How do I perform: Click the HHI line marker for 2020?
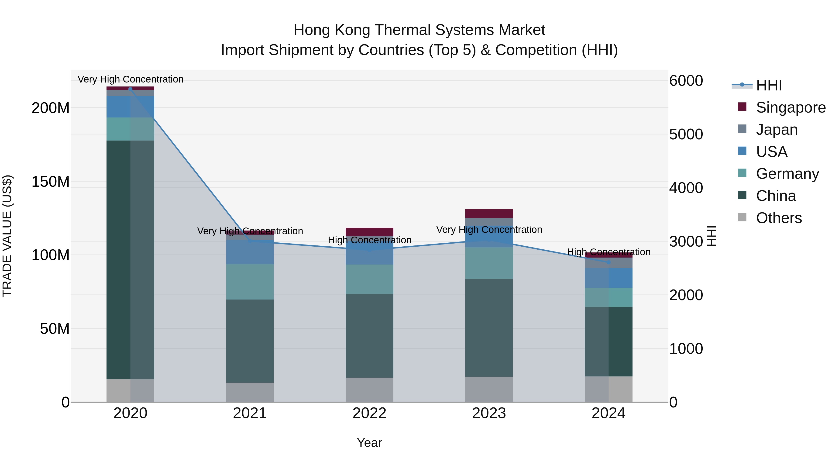[x=130, y=89]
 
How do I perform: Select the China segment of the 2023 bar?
[x=489, y=327]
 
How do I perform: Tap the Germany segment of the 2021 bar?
[x=250, y=282]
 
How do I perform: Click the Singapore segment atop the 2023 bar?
[x=489, y=213]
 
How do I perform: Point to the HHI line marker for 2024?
[x=609, y=262]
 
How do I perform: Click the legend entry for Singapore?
[x=791, y=107]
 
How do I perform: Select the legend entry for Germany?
[x=787, y=174]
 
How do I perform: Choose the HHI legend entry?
[x=769, y=85]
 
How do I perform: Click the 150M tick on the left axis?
[x=51, y=181]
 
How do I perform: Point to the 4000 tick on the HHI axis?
[x=686, y=188]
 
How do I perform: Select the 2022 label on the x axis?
[x=369, y=413]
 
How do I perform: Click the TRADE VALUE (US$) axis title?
[x=7, y=236]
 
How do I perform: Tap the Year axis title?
[x=369, y=443]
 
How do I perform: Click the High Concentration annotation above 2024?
[x=609, y=252]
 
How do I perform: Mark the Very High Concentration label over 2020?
[x=130, y=79]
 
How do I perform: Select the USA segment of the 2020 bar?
[x=130, y=107]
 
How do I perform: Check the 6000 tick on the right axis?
[x=686, y=81]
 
